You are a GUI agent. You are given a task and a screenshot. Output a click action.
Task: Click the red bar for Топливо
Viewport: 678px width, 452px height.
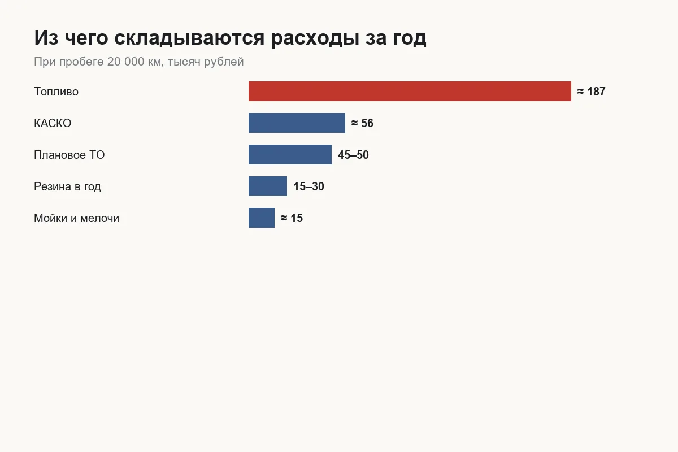410,91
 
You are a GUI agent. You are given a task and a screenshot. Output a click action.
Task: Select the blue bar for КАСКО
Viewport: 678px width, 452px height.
297,123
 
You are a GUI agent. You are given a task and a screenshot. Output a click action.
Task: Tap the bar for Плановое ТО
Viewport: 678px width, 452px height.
290,154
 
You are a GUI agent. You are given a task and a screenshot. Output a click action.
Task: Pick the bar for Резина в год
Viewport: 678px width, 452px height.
268,186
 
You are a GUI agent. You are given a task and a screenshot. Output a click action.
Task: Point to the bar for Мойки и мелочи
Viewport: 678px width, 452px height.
262,218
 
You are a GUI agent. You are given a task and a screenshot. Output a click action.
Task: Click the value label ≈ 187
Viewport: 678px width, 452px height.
591,92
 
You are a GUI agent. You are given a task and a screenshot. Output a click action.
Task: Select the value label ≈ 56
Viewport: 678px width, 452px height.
362,123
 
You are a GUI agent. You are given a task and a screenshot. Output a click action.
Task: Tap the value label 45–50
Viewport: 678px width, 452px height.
353,155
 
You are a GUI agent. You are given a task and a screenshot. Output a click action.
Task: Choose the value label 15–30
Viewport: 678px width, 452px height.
308,186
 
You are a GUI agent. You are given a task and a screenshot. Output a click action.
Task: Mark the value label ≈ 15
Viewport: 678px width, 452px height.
292,218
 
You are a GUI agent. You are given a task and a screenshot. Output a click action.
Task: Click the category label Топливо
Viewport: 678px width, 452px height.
56,92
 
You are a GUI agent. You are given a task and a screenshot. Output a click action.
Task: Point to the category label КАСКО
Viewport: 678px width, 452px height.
53,123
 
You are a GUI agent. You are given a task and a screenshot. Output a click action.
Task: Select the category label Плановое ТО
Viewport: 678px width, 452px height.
69,155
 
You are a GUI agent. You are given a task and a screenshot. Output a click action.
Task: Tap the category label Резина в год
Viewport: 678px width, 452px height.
67,186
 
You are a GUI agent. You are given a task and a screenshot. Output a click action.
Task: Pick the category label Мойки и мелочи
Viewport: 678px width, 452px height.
77,218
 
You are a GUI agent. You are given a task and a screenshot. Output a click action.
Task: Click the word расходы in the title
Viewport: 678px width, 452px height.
315,39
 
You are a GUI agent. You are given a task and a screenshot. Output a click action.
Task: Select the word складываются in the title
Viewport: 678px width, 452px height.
189,39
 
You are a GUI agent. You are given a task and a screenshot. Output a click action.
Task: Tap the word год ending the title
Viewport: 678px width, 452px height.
410,39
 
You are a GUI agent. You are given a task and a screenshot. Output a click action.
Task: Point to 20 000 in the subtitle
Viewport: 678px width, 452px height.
125,62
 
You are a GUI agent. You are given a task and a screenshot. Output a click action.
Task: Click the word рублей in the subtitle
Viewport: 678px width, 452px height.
224,62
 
